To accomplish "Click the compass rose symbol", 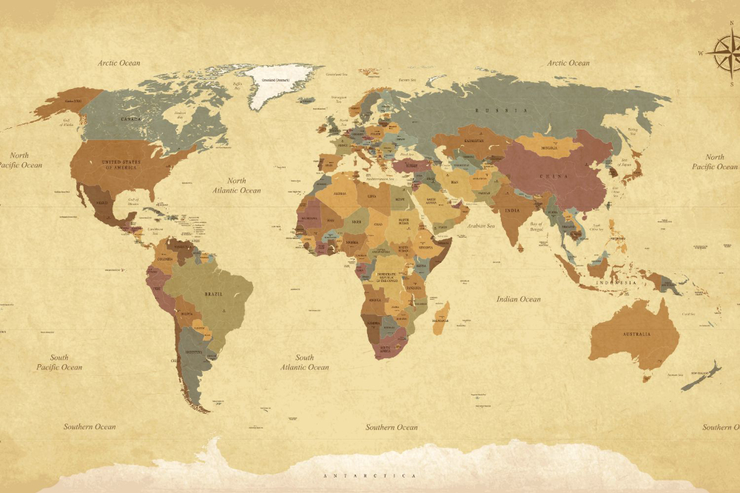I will (x=723, y=53).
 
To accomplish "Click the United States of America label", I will (x=121, y=164).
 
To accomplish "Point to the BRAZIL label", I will (x=213, y=294).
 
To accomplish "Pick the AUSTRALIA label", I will (x=636, y=334).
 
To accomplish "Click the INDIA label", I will (x=512, y=210).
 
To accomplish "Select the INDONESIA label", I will (x=617, y=283).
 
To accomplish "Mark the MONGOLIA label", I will (x=550, y=148).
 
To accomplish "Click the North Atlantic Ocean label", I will (x=237, y=185).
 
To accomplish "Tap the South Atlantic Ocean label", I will (x=305, y=362).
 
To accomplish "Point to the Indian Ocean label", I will (x=518, y=299).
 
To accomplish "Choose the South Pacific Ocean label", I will (x=59, y=362).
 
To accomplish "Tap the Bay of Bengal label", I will (x=536, y=227).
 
